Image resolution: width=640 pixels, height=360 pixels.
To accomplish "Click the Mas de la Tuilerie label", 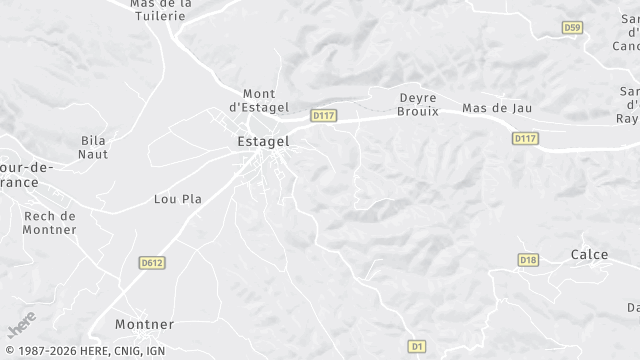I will click(161, 9).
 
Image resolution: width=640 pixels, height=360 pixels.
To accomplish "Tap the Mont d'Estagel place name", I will click(259, 100).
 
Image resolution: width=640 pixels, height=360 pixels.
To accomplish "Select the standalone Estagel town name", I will click(264, 142).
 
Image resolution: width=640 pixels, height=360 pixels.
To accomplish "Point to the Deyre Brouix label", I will click(419, 105).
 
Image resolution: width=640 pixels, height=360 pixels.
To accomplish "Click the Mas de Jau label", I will click(497, 108).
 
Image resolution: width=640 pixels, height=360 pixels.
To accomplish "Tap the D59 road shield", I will click(572, 28).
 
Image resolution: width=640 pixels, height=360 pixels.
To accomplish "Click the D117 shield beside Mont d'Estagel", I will click(323, 116).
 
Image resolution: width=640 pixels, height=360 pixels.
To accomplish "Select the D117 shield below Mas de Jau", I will click(526, 138).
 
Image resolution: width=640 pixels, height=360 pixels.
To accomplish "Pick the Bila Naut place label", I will click(93, 148).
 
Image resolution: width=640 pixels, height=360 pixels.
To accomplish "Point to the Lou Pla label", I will click(178, 199).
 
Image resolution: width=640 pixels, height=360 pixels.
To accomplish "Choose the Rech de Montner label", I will click(50, 222).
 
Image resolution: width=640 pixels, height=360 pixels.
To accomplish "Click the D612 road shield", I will click(152, 262).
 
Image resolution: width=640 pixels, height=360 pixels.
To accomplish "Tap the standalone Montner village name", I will click(144, 325).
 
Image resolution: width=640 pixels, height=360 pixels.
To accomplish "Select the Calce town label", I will click(589, 255).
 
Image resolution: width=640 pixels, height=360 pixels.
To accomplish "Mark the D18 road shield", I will click(528, 260).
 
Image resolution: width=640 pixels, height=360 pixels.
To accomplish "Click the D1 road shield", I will click(417, 346).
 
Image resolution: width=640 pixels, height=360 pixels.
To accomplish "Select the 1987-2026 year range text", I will click(35, 351).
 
